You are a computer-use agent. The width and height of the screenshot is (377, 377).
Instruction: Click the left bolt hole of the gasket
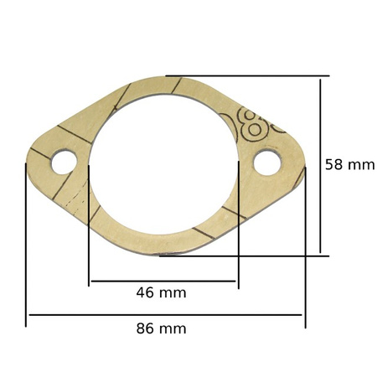[x=65, y=163]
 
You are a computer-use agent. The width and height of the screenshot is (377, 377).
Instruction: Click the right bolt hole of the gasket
[x=267, y=163]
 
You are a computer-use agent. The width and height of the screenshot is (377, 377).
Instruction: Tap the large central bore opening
[x=164, y=165]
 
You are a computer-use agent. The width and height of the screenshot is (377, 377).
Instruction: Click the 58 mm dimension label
[x=349, y=164]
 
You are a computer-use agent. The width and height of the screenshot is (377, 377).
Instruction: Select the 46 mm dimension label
[x=161, y=292]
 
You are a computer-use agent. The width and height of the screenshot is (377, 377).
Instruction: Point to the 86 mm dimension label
[x=161, y=328]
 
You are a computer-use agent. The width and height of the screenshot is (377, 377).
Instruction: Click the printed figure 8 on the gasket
[x=253, y=125]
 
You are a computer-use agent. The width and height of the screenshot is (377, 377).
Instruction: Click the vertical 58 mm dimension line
[x=320, y=166]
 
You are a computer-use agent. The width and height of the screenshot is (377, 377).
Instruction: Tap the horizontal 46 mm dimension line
[x=163, y=281]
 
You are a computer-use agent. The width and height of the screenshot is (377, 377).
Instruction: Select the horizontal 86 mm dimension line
[x=166, y=315]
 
